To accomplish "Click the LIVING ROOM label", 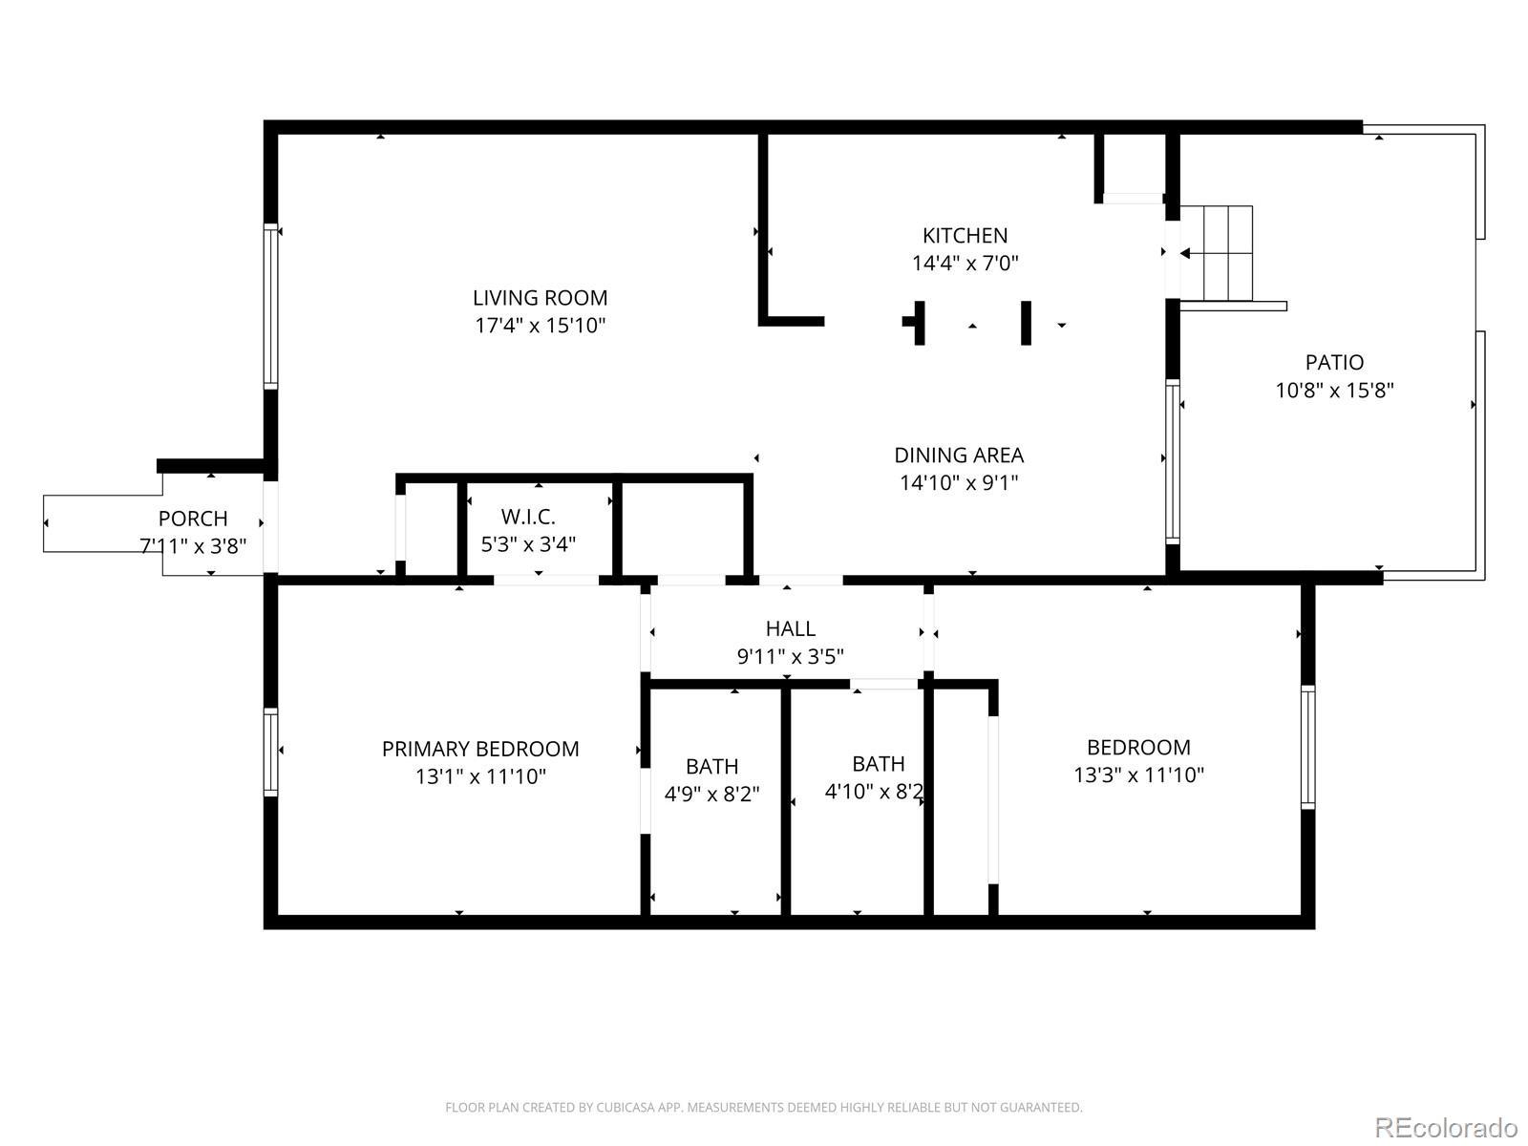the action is (x=540, y=298).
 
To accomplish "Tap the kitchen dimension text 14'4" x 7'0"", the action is (x=965, y=263).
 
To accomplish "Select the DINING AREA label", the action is (x=959, y=456).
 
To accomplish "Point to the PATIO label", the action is (x=1334, y=362).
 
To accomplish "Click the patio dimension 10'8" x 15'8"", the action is (x=1334, y=390).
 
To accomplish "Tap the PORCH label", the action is (x=193, y=519).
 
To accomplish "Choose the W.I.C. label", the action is (x=528, y=517).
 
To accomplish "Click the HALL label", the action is (x=790, y=628).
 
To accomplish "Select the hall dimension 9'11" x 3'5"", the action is (x=790, y=656).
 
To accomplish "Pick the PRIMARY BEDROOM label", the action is (x=480, y=749).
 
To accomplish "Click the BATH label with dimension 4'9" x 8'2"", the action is (x=711, y=766).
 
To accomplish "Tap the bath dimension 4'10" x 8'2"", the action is (x=875, y=791).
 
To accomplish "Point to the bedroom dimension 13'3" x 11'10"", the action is (x=1139, y=775).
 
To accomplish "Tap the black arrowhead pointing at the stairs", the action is (x=1185, y=253).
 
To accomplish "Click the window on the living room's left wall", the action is (x=270, y=307).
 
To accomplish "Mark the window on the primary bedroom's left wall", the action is (x=270, y=752).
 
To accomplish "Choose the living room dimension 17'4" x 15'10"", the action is (x=540, y=326).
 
